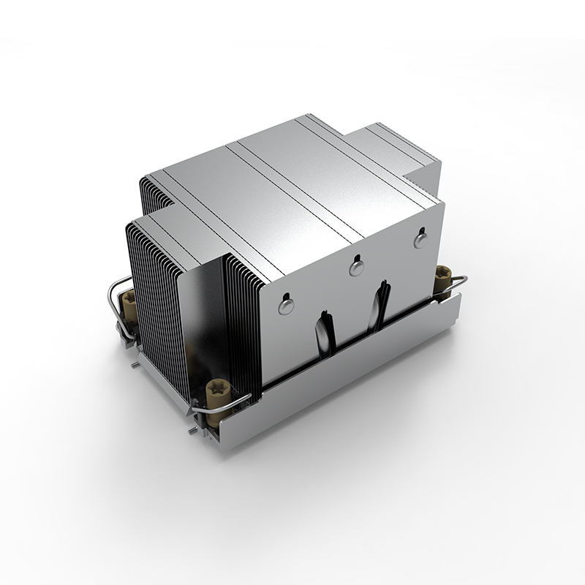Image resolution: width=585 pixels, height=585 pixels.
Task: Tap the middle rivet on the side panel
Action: tap(357, 267)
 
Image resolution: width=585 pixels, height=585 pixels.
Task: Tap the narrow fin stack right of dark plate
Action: tap(241, 322)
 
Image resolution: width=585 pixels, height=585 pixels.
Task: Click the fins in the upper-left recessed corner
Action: tap(154, 190)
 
